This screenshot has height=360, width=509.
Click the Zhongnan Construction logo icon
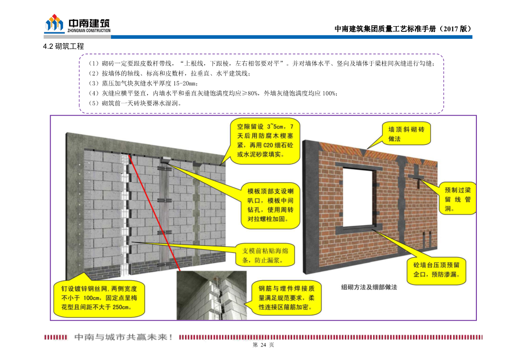(x=54, y=24)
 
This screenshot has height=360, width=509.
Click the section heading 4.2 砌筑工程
(x=63, y=46)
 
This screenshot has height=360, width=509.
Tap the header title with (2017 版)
(x=403, y=29)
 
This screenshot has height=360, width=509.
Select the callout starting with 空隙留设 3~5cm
(x=265, y=140)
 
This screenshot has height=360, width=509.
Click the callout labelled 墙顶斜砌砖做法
(x=406, y=134)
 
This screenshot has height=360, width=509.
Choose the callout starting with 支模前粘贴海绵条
(x=265, y=255)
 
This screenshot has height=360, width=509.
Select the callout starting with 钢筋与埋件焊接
(x=287, y=298)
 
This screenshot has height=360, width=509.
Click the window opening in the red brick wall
(x=358, y=197)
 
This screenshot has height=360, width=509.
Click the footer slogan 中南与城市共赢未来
(x=125, y=337)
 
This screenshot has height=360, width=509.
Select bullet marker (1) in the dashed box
(x=94, y=64)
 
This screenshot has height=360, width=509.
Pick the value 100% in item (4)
(x=329, y=93)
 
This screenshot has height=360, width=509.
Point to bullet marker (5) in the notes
(x=94, y=103)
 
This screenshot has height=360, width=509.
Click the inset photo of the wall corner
(x=212, y=295)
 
